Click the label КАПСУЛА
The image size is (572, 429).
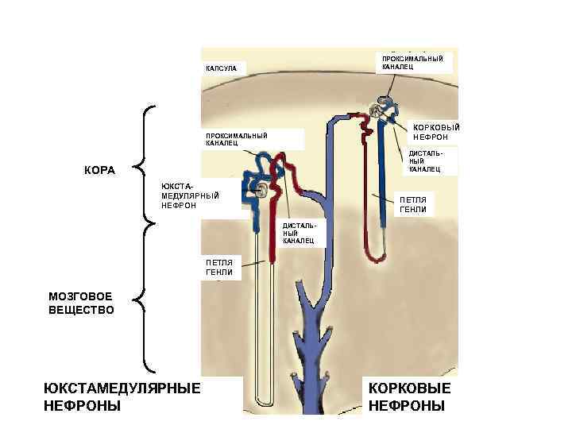click(226, 69)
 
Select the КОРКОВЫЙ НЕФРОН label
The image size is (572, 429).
click(431, 132)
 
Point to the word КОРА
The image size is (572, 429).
click(100, 170)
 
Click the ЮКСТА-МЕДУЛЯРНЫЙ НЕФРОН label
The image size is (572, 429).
click(190, 195)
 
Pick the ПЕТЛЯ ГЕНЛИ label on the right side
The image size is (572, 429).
click(413, 205)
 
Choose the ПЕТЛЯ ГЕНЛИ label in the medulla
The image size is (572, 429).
click(219, 267)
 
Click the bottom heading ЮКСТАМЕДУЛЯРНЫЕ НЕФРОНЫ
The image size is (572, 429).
click(122, 396)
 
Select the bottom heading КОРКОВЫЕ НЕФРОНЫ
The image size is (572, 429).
click(410, 396)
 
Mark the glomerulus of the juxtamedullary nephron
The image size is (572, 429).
click(261, 190)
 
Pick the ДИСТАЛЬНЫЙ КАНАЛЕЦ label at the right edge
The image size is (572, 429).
click(423, 161)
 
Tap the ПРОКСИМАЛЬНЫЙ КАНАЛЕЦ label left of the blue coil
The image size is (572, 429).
click(237, 140)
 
